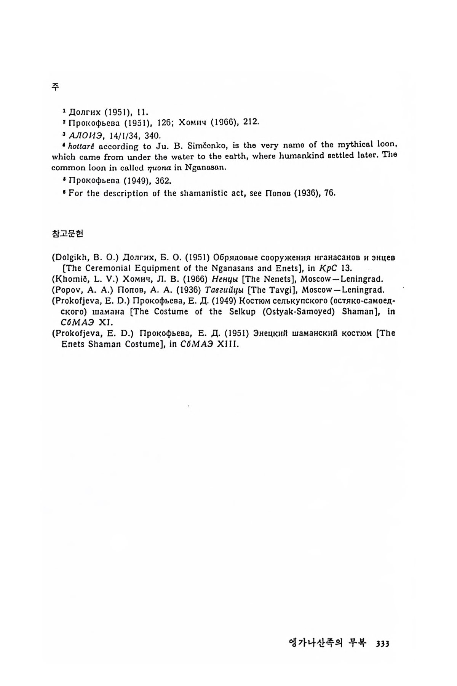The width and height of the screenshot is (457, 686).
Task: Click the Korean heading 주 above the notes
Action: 55,87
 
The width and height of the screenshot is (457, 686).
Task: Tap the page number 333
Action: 382,643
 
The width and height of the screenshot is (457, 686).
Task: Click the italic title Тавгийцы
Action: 224,290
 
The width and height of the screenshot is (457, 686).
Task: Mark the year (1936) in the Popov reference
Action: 189,290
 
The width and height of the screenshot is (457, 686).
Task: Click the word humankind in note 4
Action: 296,156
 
